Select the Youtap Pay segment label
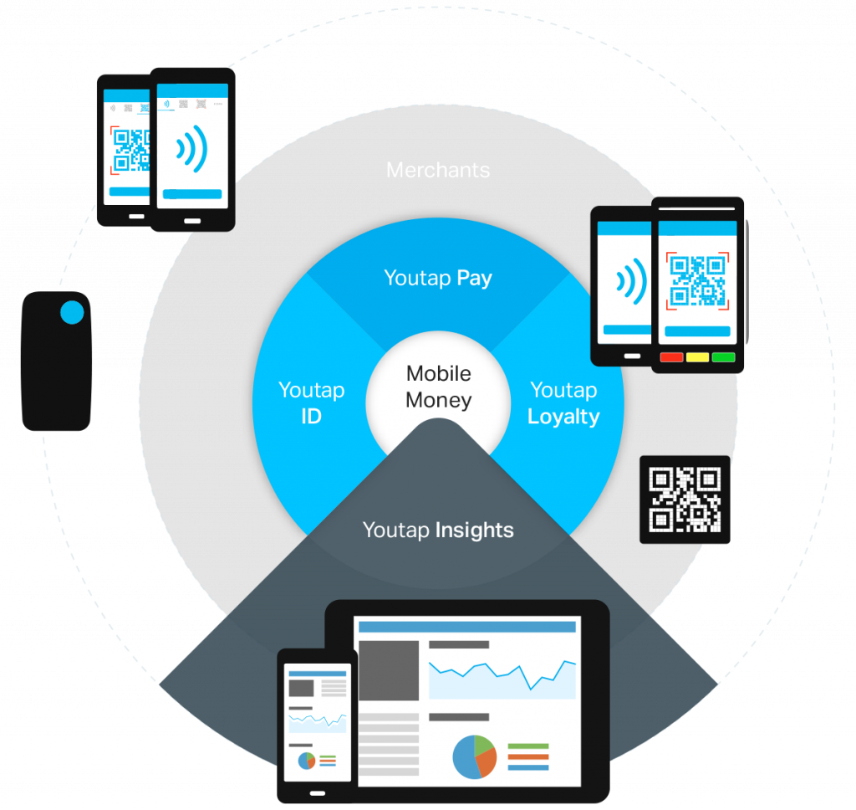(438, 279)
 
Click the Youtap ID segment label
(311, 402)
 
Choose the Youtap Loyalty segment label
(563, 402)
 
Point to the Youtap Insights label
(438, 530)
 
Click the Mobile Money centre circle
(438, 387)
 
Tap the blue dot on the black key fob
(73, 313)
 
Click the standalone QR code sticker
(685, 500)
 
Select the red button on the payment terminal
(672, 357)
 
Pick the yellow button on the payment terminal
(698, 357)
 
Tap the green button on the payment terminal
(723, 357)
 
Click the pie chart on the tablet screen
(475, 756)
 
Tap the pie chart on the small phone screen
(307, 761)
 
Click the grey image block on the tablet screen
(389, 670)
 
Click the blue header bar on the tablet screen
(466, 627)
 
